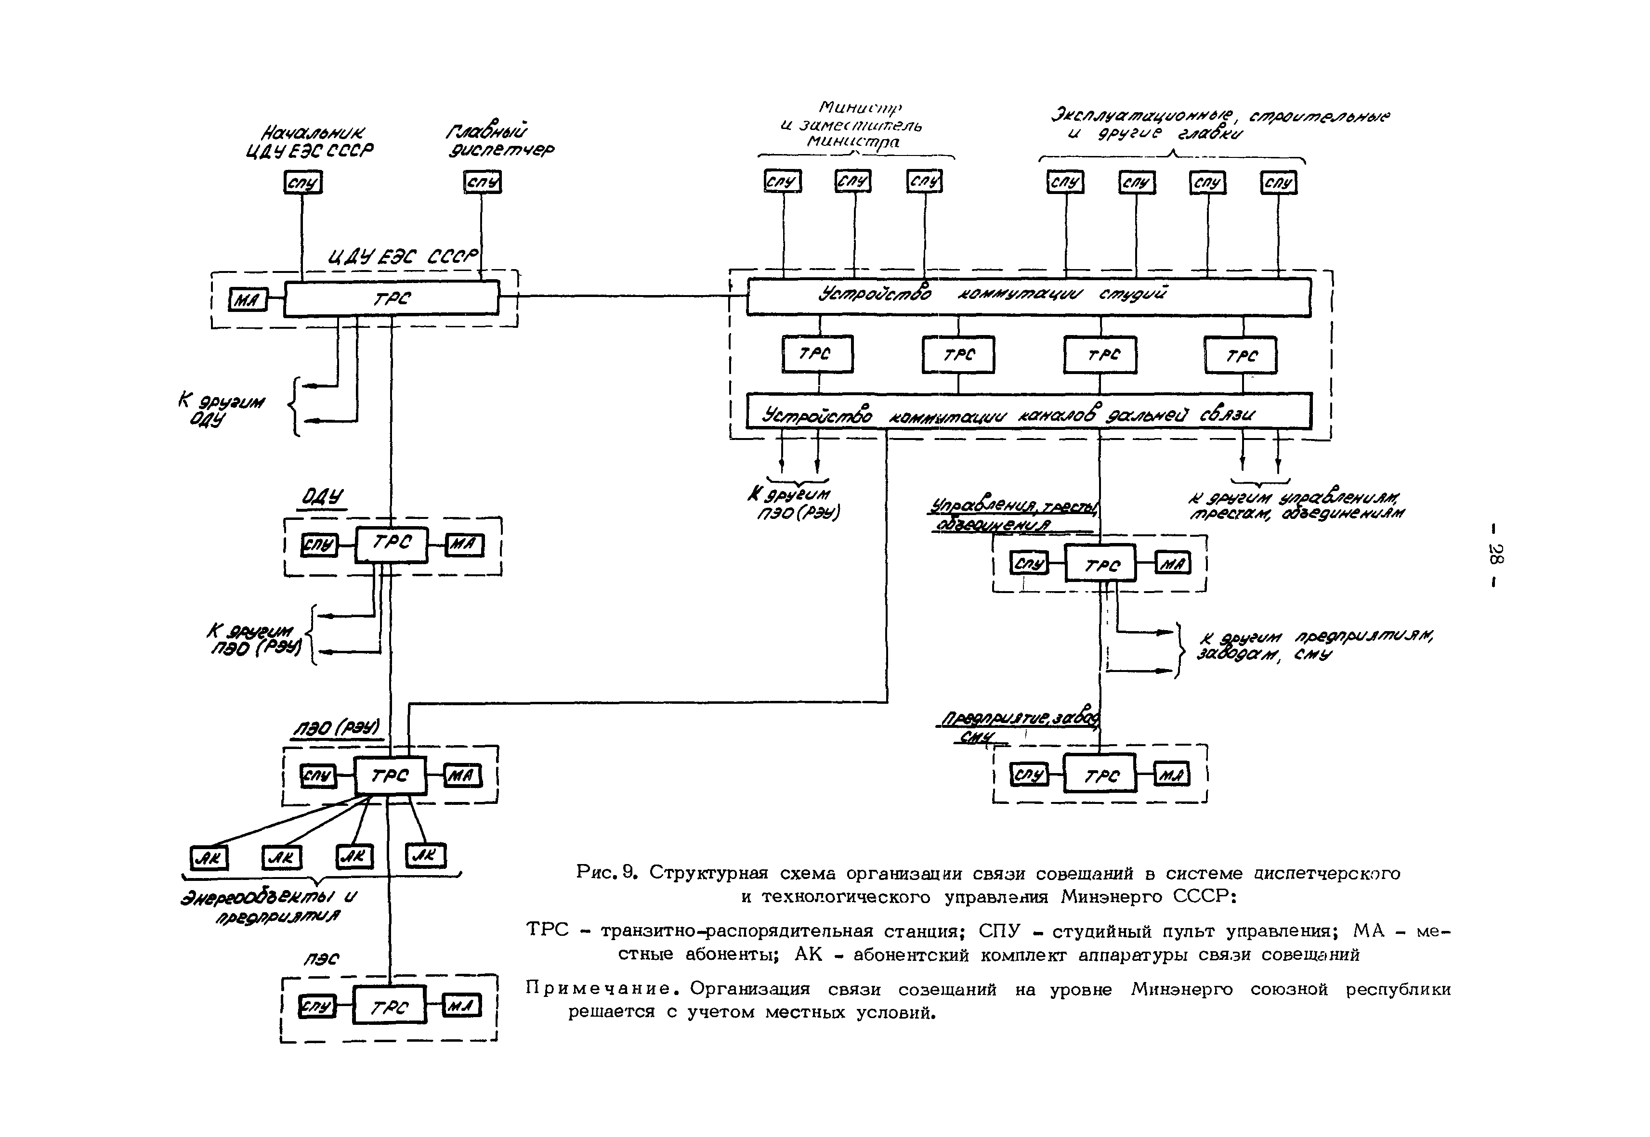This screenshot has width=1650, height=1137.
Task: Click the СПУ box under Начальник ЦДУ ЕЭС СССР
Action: point(303,182)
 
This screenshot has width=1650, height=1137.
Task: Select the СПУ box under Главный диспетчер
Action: point(483,182)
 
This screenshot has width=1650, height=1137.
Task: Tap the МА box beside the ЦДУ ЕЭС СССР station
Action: point(248,300)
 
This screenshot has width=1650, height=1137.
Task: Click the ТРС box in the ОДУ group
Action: point(391,544)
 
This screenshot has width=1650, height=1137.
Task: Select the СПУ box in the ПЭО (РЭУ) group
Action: point(317,775)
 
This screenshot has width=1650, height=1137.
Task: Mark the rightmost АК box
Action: point(426,855)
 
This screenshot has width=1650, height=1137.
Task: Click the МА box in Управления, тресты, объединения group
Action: point(1172,564)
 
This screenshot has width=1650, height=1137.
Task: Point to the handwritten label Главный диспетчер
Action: point(499,141)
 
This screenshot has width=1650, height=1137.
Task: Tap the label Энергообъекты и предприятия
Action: point(269,905)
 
